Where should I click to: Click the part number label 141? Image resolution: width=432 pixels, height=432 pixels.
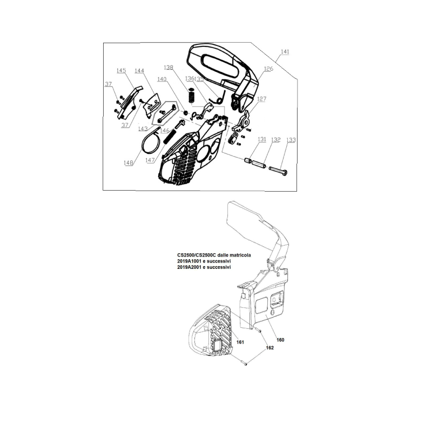coord(285,52)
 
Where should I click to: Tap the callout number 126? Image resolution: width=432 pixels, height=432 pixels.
coord(268,69)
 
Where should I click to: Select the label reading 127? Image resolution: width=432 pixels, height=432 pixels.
coord(261,99)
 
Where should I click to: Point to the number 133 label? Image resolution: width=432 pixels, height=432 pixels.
coord(291,140)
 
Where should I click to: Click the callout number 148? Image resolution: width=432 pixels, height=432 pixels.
coord(128,162)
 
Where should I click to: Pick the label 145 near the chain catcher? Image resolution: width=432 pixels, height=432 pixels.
coord(121,71)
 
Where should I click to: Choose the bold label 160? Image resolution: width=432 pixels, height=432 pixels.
coord(280,340)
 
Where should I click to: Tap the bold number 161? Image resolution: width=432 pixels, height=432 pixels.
coord(240,342)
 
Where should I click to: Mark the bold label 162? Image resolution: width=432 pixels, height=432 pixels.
coord(270,348)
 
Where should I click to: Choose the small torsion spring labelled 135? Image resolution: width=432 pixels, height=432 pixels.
coord(217,98)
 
